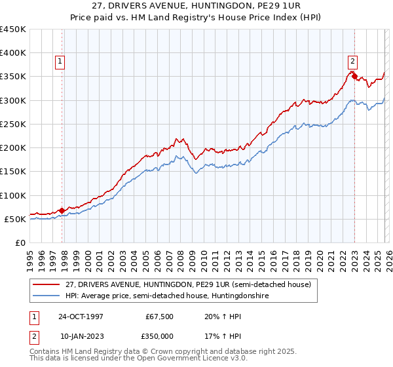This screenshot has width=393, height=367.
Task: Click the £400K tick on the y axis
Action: pos(13,53)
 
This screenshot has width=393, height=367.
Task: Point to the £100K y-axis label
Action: pos(13,195)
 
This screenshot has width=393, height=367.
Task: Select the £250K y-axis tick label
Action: pos(13,124)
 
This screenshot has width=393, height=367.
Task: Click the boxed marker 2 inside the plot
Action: pos(352,62)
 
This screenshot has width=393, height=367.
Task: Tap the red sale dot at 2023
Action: pos(354,77)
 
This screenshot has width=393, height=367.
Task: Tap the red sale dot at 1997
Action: pos(62,210)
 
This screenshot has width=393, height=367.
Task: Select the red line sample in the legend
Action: pos(47,284)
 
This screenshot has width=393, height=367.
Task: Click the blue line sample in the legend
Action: pos(47,296)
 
